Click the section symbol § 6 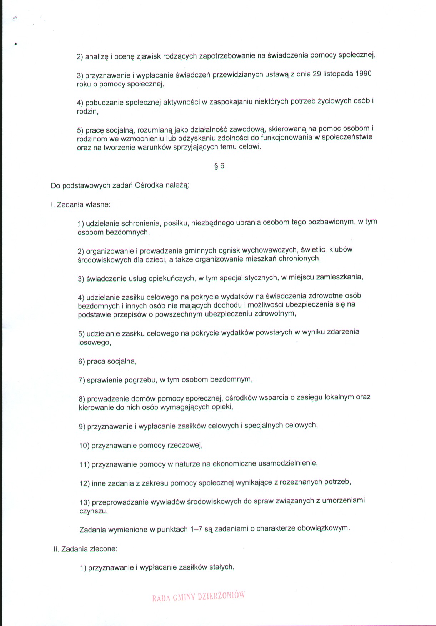(x=219, y=166)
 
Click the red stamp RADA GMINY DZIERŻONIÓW (x=198, y=596)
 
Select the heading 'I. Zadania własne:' (x=81, y=205)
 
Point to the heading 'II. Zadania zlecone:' (x=85, y=549)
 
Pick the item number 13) (x=84, y=502)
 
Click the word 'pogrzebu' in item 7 (x=140, y=380)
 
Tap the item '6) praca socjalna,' (x=107, y=361)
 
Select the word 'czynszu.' (x=94, y=511)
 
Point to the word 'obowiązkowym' (x=322, y=528)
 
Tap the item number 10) (x=84, y=446)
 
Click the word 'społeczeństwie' (x=347, y=137)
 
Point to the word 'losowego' (x=94, y=342)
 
